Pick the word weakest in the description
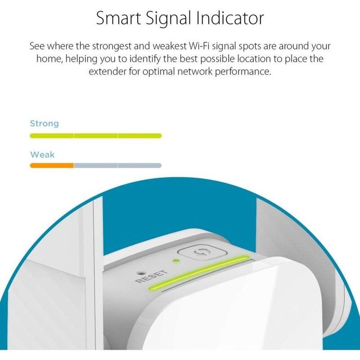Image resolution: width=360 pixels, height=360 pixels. pos(192,47)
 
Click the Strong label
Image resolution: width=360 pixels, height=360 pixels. pos(44,123)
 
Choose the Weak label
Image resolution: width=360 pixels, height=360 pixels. pos(42,155)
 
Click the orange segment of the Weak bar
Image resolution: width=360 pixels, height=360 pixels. pos(51,166)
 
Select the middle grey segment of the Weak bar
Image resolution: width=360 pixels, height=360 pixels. pos(96,166)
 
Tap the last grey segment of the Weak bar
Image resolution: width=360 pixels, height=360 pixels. pos(140,166)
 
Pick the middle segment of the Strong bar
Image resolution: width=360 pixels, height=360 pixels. pos(96,136)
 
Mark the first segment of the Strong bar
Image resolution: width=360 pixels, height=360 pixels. pos(51,136)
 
